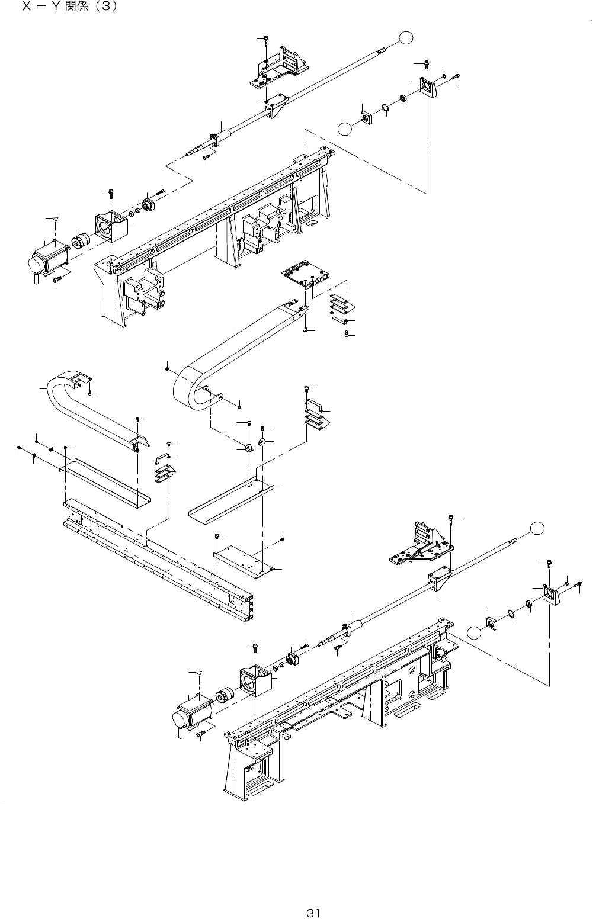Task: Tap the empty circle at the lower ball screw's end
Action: click(x=537, y=527)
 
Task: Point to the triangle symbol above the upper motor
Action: click(x=55, y=219)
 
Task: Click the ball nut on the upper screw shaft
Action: click(x=215, y=140)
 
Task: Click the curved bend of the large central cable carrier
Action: click(x=184, y=388)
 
